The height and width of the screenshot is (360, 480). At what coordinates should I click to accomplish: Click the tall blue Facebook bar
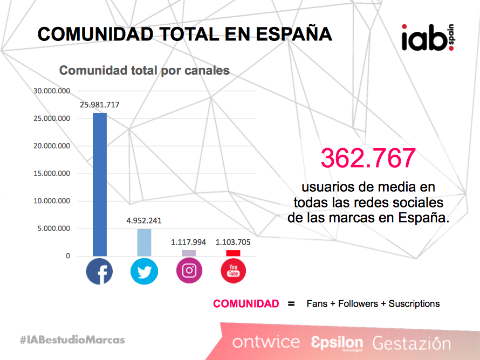click(99, 184)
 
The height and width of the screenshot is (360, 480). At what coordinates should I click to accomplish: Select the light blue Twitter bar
click(144, 243)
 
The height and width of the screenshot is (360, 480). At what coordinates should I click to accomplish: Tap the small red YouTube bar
click(233, 253)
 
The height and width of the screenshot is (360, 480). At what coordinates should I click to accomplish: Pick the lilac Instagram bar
click(189, 253)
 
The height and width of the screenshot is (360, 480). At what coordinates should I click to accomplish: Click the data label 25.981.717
click(100, 105)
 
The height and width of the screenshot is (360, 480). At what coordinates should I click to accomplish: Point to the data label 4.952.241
click(144, 220)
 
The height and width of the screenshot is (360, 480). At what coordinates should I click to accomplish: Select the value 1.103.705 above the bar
click(233, 242)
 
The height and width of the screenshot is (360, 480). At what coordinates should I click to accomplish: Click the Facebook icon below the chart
click(99, 271)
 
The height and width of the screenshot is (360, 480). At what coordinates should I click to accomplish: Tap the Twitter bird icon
click(144, 271)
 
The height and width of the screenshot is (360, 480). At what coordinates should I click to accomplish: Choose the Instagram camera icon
click(189, 271)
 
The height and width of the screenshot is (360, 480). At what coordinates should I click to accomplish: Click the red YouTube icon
click(233, 271)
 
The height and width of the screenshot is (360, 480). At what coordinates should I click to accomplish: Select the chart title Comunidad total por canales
click(144, 71)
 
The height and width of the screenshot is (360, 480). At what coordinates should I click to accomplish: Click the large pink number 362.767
click(368, 158)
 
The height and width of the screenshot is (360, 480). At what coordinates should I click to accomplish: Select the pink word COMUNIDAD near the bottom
click(246, 303)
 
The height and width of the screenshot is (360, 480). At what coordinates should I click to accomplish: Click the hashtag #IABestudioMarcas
click(72, 340)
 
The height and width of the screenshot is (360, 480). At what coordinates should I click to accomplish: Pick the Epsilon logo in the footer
click(337, 342)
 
